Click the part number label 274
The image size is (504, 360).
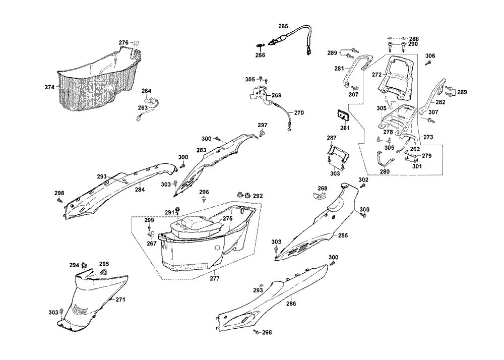point(49,87)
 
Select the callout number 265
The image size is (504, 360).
point(283,26)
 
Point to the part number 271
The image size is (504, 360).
point(120,300)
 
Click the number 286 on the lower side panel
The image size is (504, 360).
point(291,304)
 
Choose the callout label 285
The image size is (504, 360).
point(343,235)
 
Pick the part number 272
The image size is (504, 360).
point(376,74)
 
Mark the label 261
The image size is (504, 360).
point(345,128)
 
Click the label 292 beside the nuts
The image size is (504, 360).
point(258,196)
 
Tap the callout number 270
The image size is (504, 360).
point(299,112)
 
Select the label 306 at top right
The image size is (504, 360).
point(430,55)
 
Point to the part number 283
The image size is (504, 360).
point(201,150)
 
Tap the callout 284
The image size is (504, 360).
point(140,190)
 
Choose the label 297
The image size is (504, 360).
point(263,125)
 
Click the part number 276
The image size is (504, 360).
point(124,42)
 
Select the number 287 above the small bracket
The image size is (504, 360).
point(331,138)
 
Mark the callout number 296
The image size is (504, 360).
point(204,192)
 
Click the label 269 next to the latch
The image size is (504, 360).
point(277,95)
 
